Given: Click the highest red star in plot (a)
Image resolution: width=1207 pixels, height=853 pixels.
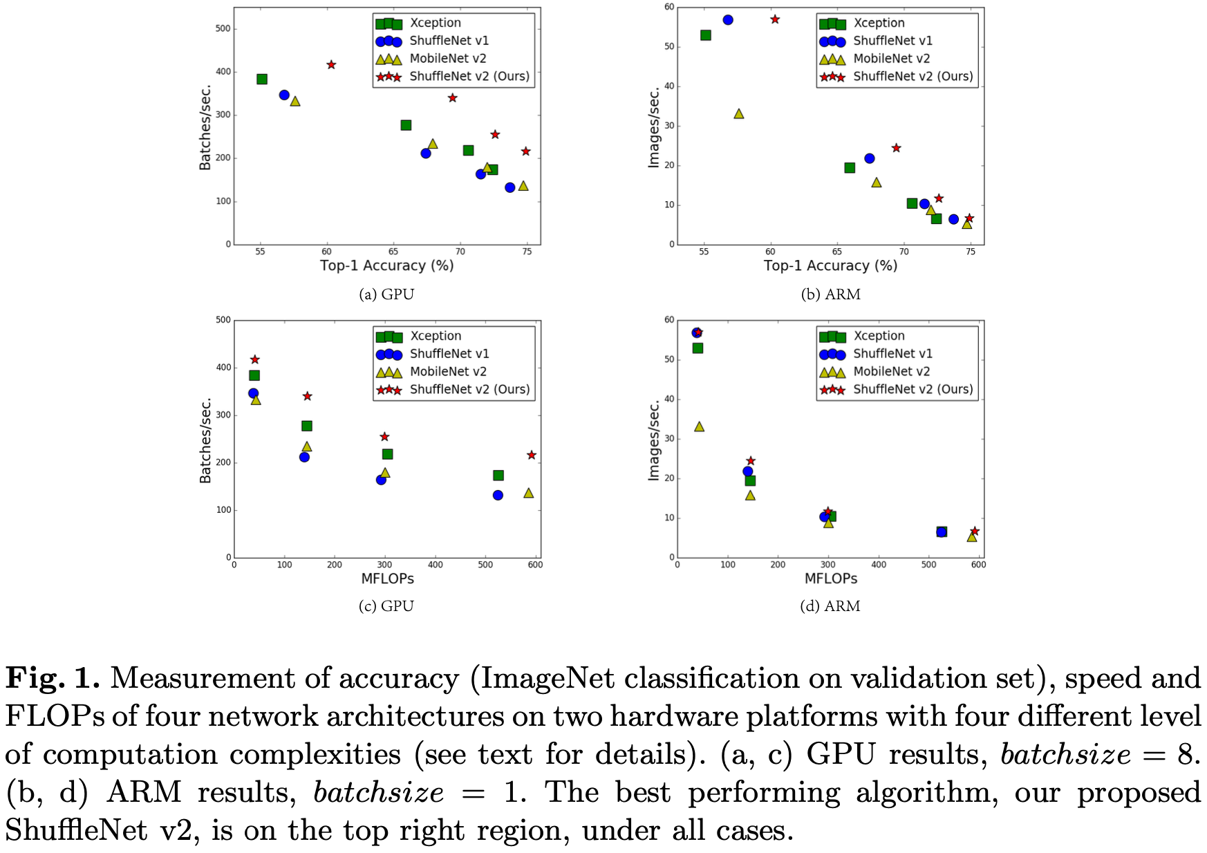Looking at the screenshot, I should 331,64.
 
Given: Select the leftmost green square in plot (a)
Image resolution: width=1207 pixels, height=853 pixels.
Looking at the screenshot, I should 262,79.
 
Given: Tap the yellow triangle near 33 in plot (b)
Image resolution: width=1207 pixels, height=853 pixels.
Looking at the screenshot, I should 738,113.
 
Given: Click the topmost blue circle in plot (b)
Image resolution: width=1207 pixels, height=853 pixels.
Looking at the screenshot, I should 728,20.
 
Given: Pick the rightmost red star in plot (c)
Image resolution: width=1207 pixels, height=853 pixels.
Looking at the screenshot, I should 531,455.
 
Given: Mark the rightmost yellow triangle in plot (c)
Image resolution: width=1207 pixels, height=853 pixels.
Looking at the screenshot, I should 528,493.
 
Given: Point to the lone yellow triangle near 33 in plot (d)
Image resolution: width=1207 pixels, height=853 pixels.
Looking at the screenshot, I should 699,426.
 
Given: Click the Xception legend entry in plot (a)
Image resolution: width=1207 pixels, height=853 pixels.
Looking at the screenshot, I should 435,23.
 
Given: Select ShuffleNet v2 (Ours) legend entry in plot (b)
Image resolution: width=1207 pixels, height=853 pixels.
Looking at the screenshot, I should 913,76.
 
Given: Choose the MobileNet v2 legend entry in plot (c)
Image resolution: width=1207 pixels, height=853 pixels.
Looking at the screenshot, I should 448,371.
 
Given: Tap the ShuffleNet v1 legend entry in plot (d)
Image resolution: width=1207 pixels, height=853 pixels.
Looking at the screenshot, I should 892,353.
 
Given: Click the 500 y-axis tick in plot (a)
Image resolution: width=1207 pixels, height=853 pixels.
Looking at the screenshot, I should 223,28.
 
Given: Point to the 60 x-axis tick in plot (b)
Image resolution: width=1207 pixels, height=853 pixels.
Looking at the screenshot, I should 770,252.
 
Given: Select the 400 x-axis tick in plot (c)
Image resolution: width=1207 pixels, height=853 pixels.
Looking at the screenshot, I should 435,565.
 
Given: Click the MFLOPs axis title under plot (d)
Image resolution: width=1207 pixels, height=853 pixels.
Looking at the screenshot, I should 830,579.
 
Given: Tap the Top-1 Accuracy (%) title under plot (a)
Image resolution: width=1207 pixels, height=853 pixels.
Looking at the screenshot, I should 386,265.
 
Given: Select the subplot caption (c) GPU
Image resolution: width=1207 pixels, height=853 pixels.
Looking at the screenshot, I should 386,606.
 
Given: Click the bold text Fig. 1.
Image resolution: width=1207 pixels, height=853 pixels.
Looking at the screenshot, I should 53,678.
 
